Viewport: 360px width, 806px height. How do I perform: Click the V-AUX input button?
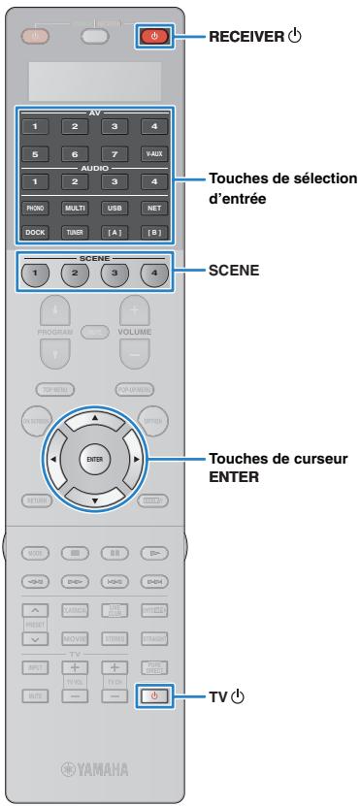[x=153, y=152]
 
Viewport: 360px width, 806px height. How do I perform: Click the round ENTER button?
[x=95, y=457]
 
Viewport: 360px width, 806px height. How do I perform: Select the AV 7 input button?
[x=115, y=152]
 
